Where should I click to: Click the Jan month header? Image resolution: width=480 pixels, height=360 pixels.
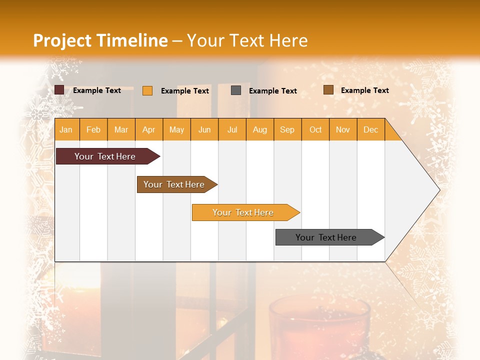[x=66, y=129]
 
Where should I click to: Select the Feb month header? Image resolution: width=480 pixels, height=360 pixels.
[x=93, y=129]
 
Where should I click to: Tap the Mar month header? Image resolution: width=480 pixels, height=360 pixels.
[x=121, y=129]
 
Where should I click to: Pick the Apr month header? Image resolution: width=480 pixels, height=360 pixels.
[x=149, y=129]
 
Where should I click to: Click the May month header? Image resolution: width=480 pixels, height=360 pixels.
[x=176, y=129]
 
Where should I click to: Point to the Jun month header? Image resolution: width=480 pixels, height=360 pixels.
[x=204, y=129]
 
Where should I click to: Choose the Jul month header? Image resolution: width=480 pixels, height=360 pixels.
[x=232, y=129]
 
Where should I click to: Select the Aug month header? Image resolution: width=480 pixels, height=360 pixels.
[x=260, y=129]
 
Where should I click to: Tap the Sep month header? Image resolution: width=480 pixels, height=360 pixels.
[x=287, y=129]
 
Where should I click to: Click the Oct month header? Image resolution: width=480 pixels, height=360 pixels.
[x=315, y=129]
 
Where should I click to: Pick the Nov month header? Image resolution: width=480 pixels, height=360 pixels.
[x=343, y=129]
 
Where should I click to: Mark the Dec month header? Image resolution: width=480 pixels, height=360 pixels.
[x=371, y=129]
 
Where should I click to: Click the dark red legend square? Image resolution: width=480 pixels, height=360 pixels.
[x=59, y=90]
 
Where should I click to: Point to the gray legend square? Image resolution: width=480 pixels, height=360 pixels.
[x=236, y=90]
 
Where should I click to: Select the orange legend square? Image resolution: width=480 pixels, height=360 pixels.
[x=147, y=90]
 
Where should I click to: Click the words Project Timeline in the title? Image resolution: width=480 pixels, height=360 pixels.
[x=100, y=40]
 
